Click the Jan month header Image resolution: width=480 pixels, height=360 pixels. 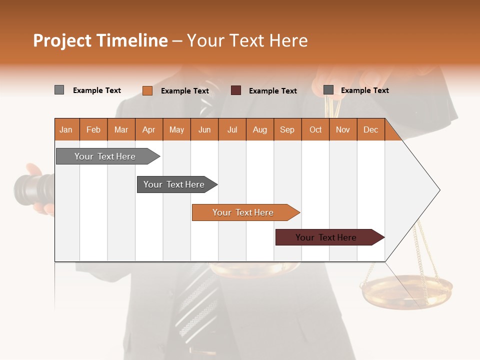(66, 129)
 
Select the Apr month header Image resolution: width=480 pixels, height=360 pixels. (148, 129)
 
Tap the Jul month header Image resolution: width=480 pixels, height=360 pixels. (232, 129)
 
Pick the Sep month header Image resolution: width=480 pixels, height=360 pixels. (287, 129)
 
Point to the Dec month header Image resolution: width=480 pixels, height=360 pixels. (370, 129)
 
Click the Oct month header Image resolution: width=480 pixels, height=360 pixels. (315, 129)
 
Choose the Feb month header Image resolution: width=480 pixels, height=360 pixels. (93, 129)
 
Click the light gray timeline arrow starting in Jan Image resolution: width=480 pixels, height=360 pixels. (105, 156)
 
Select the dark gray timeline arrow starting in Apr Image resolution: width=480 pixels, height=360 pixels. (174, 184)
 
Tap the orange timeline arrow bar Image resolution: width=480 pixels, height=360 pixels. (243, 212)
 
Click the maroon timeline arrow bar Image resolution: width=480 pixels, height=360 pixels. (326, 237)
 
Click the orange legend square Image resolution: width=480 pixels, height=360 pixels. (147, 90)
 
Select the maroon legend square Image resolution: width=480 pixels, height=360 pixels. (236, 90)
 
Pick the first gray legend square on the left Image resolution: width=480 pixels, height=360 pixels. (59, 90)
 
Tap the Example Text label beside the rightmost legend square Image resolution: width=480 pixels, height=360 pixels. (364, 90)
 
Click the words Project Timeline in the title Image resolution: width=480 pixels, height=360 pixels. (100, 40)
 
